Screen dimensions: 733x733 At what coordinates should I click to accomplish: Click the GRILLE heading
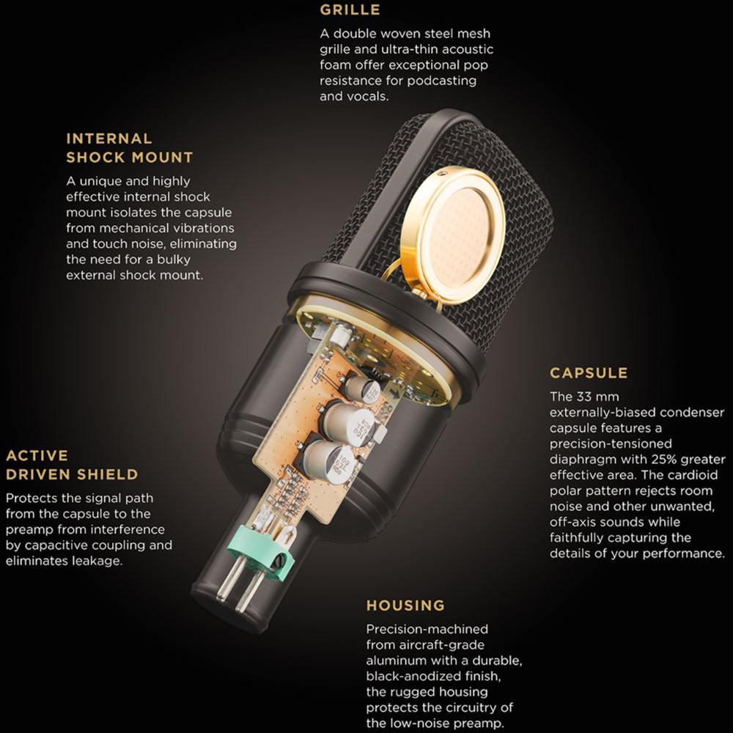point(350,10)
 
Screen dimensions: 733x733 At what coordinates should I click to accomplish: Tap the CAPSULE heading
point(589,372)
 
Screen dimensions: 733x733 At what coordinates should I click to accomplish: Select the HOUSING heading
point(405,605)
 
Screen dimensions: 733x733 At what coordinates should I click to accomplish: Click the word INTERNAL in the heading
point(109,139)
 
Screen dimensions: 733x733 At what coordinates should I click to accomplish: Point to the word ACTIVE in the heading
point(37,455)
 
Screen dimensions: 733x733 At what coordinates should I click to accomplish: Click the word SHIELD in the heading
point(108,474)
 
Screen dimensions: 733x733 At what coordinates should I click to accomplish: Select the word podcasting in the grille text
point(442,81)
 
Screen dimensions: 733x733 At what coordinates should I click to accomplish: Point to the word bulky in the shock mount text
point(174,259)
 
